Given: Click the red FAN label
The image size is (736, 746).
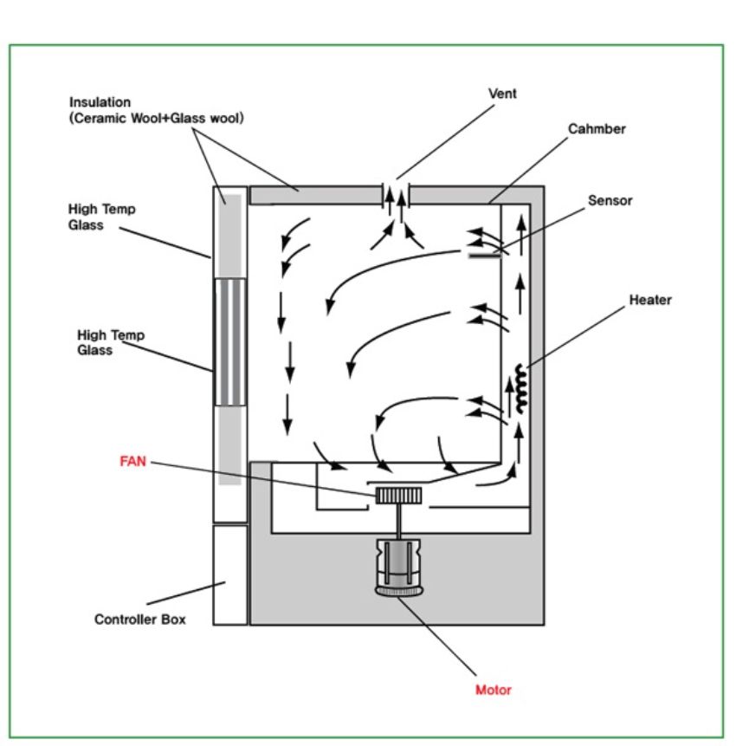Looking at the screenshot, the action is click(132, 461).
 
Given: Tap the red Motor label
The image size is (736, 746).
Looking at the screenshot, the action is click(494, 690).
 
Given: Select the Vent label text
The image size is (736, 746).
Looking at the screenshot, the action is click(502, 94).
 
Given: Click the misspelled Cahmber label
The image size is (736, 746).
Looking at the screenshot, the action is click(597, 128).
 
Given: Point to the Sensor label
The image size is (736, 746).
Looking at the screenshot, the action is click(610, 200).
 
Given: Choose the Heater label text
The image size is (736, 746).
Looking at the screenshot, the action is click(650, 300).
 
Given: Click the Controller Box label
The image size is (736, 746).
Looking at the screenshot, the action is click(139, 619).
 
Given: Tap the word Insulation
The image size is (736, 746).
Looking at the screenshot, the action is click(100, 102).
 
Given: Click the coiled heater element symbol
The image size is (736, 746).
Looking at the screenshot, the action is click(521, 388).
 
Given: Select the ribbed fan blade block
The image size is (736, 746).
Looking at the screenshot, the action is click(398, 496).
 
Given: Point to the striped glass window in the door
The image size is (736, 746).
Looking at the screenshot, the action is click(230, 342).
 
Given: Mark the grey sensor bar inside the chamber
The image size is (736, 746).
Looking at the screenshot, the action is click(485, 256).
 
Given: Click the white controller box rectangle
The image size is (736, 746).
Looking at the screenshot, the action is click(230, 574).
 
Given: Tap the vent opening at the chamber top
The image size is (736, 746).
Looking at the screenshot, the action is click(396, 196).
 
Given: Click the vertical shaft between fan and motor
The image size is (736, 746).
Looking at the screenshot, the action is click(398, 521).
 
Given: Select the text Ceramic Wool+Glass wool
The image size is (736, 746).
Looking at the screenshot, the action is click(157, 118).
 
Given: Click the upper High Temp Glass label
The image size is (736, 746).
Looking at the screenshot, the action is click(102, 217).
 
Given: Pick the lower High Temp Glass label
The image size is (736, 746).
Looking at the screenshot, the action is click(111, 342).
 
